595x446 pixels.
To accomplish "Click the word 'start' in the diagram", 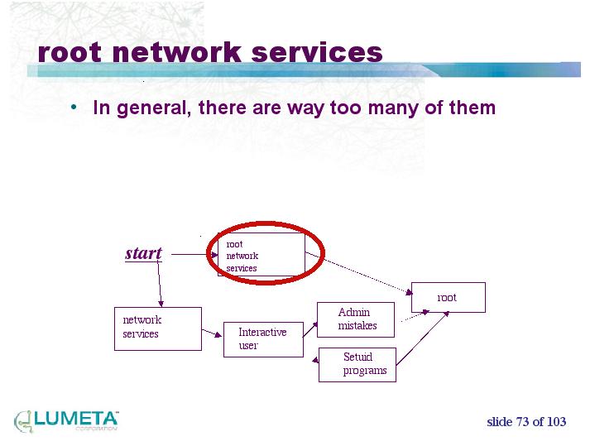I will coord(143,253).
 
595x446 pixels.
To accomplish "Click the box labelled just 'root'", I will coord(448,297).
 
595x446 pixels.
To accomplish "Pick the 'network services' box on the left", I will coord(156,328).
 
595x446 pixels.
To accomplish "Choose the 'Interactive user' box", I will coord(263,339).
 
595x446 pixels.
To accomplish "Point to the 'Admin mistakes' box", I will coord(356,319).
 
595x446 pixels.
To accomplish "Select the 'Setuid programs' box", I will coord(357,364).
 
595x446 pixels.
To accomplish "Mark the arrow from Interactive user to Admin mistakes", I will coord(310,328).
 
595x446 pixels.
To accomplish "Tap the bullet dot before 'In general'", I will coord(74,108).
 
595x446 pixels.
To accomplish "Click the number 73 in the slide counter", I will coord(521,422).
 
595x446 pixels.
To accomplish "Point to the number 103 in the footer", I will coord(556,422).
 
